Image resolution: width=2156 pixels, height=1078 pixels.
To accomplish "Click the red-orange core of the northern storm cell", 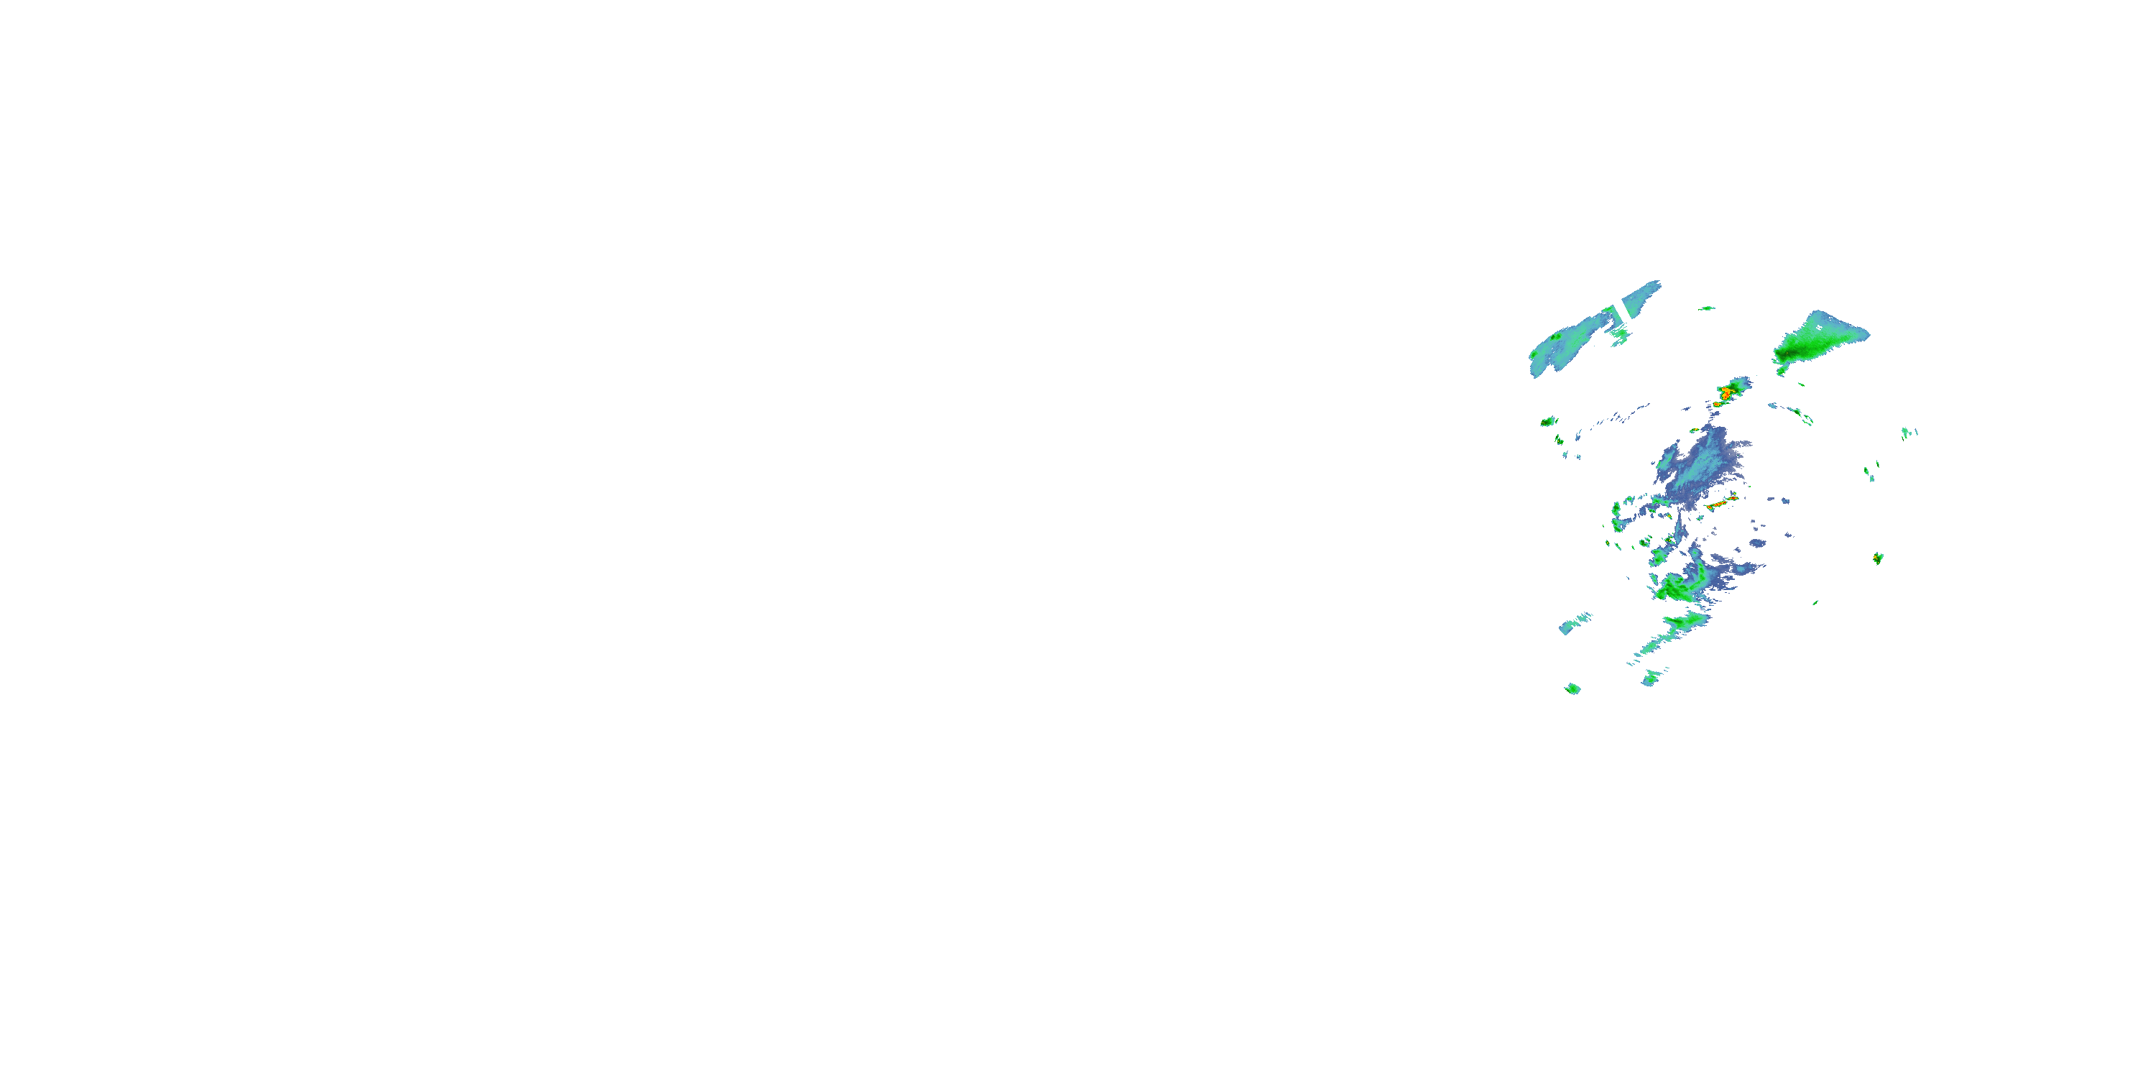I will tap(1726, 392).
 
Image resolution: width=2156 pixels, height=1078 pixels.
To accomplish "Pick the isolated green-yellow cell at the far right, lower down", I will tap(1877, 558).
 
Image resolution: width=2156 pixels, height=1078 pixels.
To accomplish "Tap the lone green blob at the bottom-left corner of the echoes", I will tap(1572, 688).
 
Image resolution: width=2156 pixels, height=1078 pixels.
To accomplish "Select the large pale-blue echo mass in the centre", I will tap(1699, 473).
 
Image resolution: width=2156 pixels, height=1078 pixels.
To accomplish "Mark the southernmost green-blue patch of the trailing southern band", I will tap(1651, 677).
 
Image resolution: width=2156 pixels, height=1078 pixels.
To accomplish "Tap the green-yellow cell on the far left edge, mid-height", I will tap(1547, 421).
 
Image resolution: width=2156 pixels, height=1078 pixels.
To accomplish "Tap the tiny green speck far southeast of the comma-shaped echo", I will tap(1815, 602).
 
